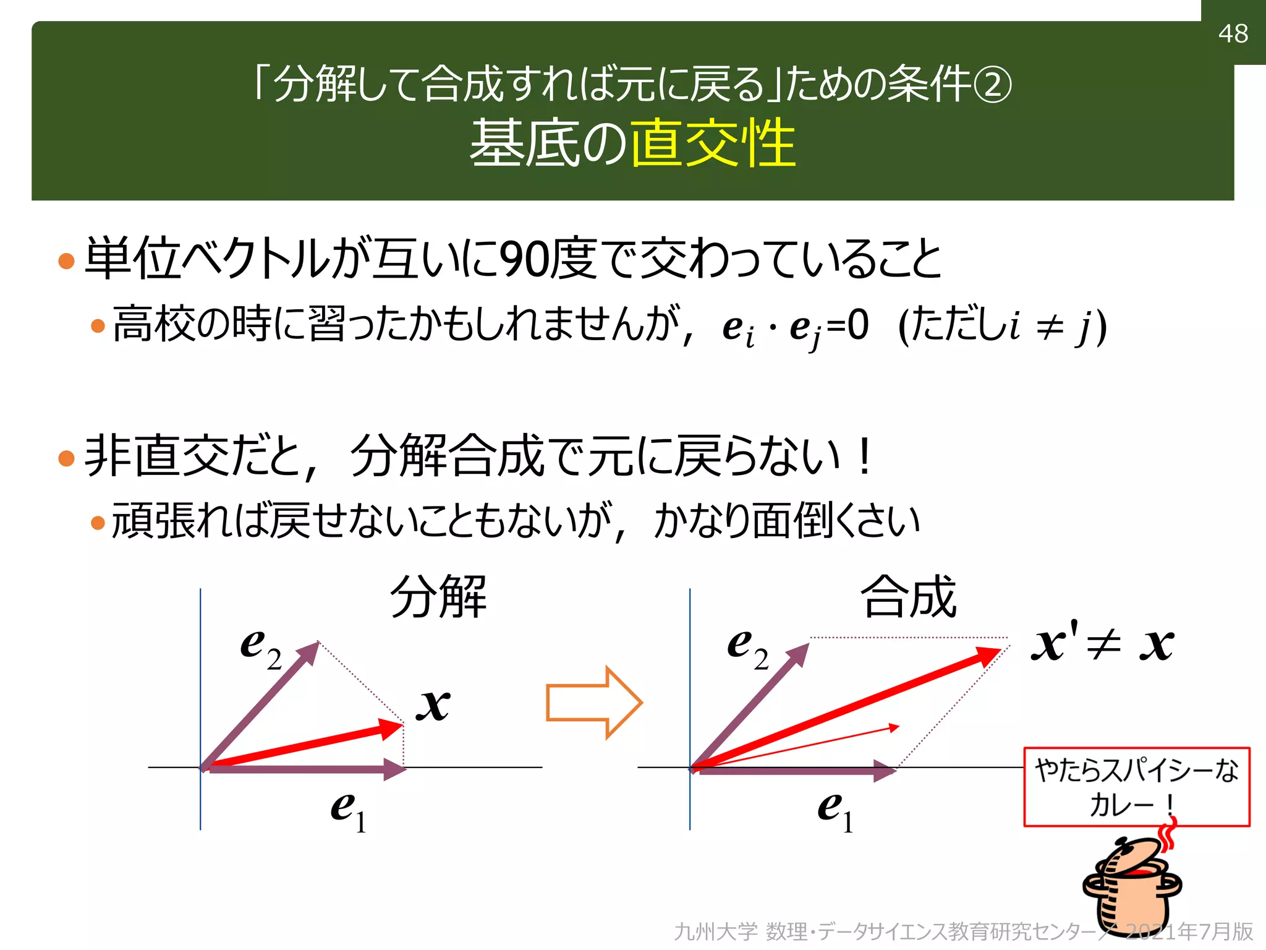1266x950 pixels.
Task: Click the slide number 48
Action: tap(1233, 33)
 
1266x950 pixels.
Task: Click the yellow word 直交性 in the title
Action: tap(713, 143)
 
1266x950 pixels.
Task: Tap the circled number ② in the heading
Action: tap(993, 86)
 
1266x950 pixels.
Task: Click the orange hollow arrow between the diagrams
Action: tap(593, 703)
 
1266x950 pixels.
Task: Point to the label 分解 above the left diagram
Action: tap(438, 597)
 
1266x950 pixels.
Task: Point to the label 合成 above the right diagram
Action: tap(908, 597)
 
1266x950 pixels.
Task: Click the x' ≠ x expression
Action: tap(1102, 644)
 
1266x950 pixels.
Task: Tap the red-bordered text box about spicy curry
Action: tap(1136, 787)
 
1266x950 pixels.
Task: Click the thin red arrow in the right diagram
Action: tap(804, 745)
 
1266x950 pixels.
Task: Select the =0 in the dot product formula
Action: tap(848, 325)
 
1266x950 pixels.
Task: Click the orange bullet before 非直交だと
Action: tap(66, 458)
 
